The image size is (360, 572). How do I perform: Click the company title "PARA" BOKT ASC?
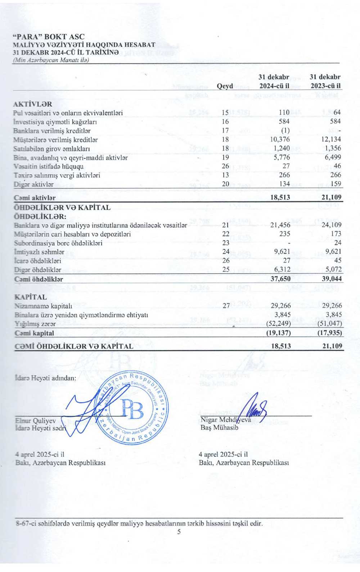point(49,37)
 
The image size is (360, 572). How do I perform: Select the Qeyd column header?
point(225,86)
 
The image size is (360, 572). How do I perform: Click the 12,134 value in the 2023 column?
point(331,139)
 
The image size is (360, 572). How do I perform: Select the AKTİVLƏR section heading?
point(32,104)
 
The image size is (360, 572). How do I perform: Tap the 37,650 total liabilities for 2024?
point(280,279)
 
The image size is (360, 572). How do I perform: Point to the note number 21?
point(226,225)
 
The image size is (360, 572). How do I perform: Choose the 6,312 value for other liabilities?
point(282,270)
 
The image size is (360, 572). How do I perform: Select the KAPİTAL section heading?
point(30,297)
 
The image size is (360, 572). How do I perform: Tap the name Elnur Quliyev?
point(36,421)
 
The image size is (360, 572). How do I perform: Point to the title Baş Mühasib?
point(219,427)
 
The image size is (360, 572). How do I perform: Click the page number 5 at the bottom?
point(179,532)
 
